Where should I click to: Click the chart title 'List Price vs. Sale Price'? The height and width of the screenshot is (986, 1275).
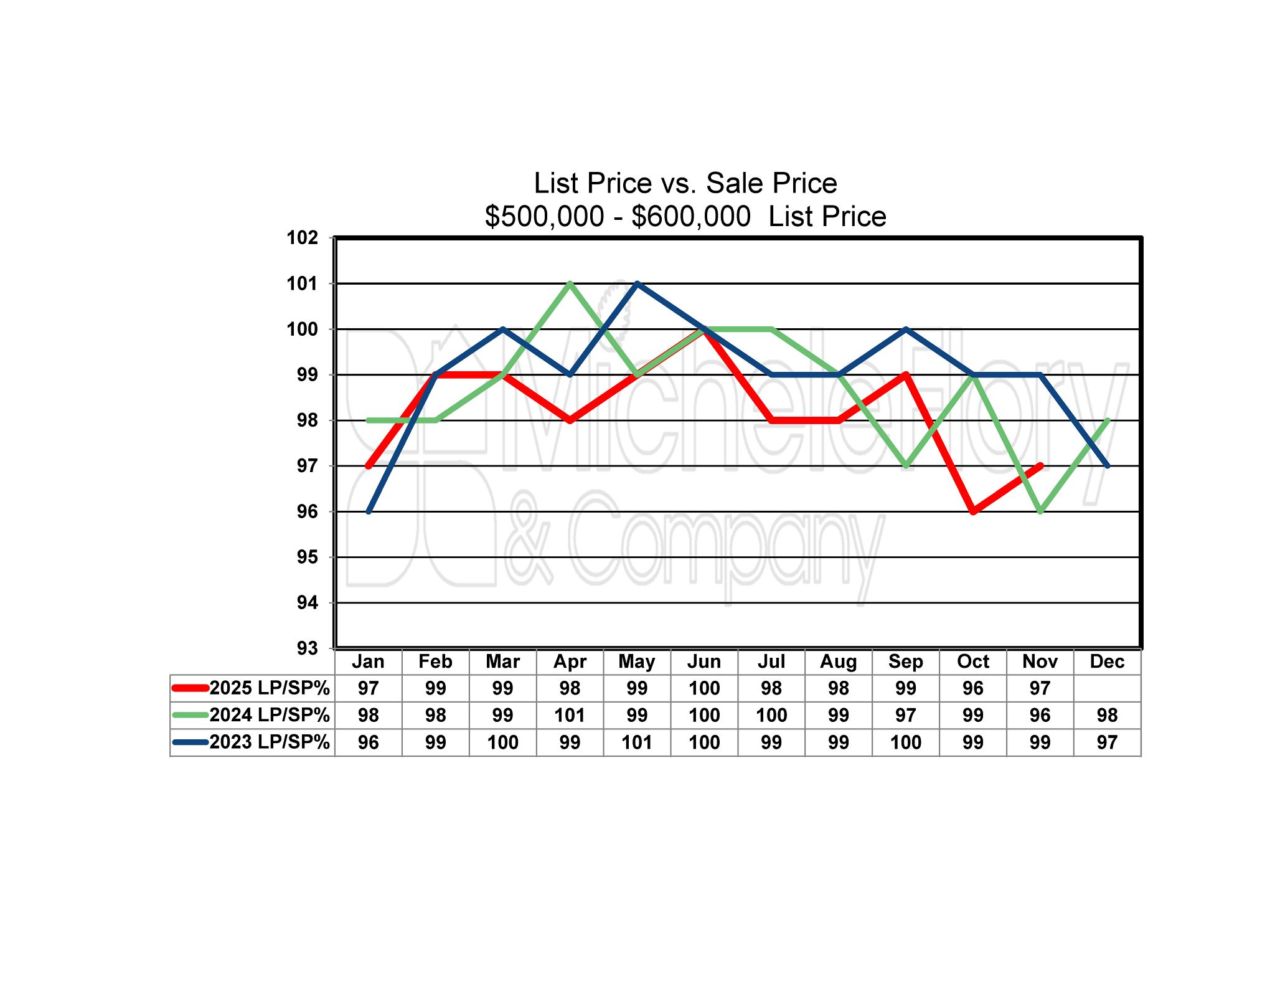[x=685, y=183]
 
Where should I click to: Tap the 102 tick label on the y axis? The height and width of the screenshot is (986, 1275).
[x=302, y=237]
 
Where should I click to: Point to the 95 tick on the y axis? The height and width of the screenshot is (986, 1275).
[x=307, y=557]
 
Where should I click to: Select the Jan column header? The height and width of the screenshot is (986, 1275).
[x=368, y=661]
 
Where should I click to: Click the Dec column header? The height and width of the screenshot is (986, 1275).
[x=1107, y=661]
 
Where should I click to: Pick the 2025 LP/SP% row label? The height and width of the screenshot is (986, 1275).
[x=269, y=688]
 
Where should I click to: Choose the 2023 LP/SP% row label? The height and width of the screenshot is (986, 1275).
[x=269, y=742]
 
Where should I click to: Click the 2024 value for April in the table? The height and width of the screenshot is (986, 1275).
[x=570, y=715]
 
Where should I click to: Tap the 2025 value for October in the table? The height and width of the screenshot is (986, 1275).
[x=972, y=688]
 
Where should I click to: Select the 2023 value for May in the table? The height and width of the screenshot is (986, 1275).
[x=637, y=742]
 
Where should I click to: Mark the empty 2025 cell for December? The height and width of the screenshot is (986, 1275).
[x=1107, y=688]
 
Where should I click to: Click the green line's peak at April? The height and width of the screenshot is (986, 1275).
[x=570, y=283]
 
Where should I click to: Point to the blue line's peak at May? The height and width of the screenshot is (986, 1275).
[x=637, y=283]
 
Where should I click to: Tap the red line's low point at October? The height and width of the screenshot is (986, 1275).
[x=973, y=511]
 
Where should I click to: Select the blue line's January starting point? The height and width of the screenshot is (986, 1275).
[x=369, y=511]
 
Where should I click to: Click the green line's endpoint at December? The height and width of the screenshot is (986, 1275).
[x=1108, y=420]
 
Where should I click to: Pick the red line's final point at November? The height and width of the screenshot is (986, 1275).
[x=1040, y=466]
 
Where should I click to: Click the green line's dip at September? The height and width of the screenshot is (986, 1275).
[x=906, y=466]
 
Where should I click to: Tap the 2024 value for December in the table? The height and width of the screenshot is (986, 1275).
[x=1107, y=715]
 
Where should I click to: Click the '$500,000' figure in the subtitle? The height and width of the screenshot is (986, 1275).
[x=544, y=217]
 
